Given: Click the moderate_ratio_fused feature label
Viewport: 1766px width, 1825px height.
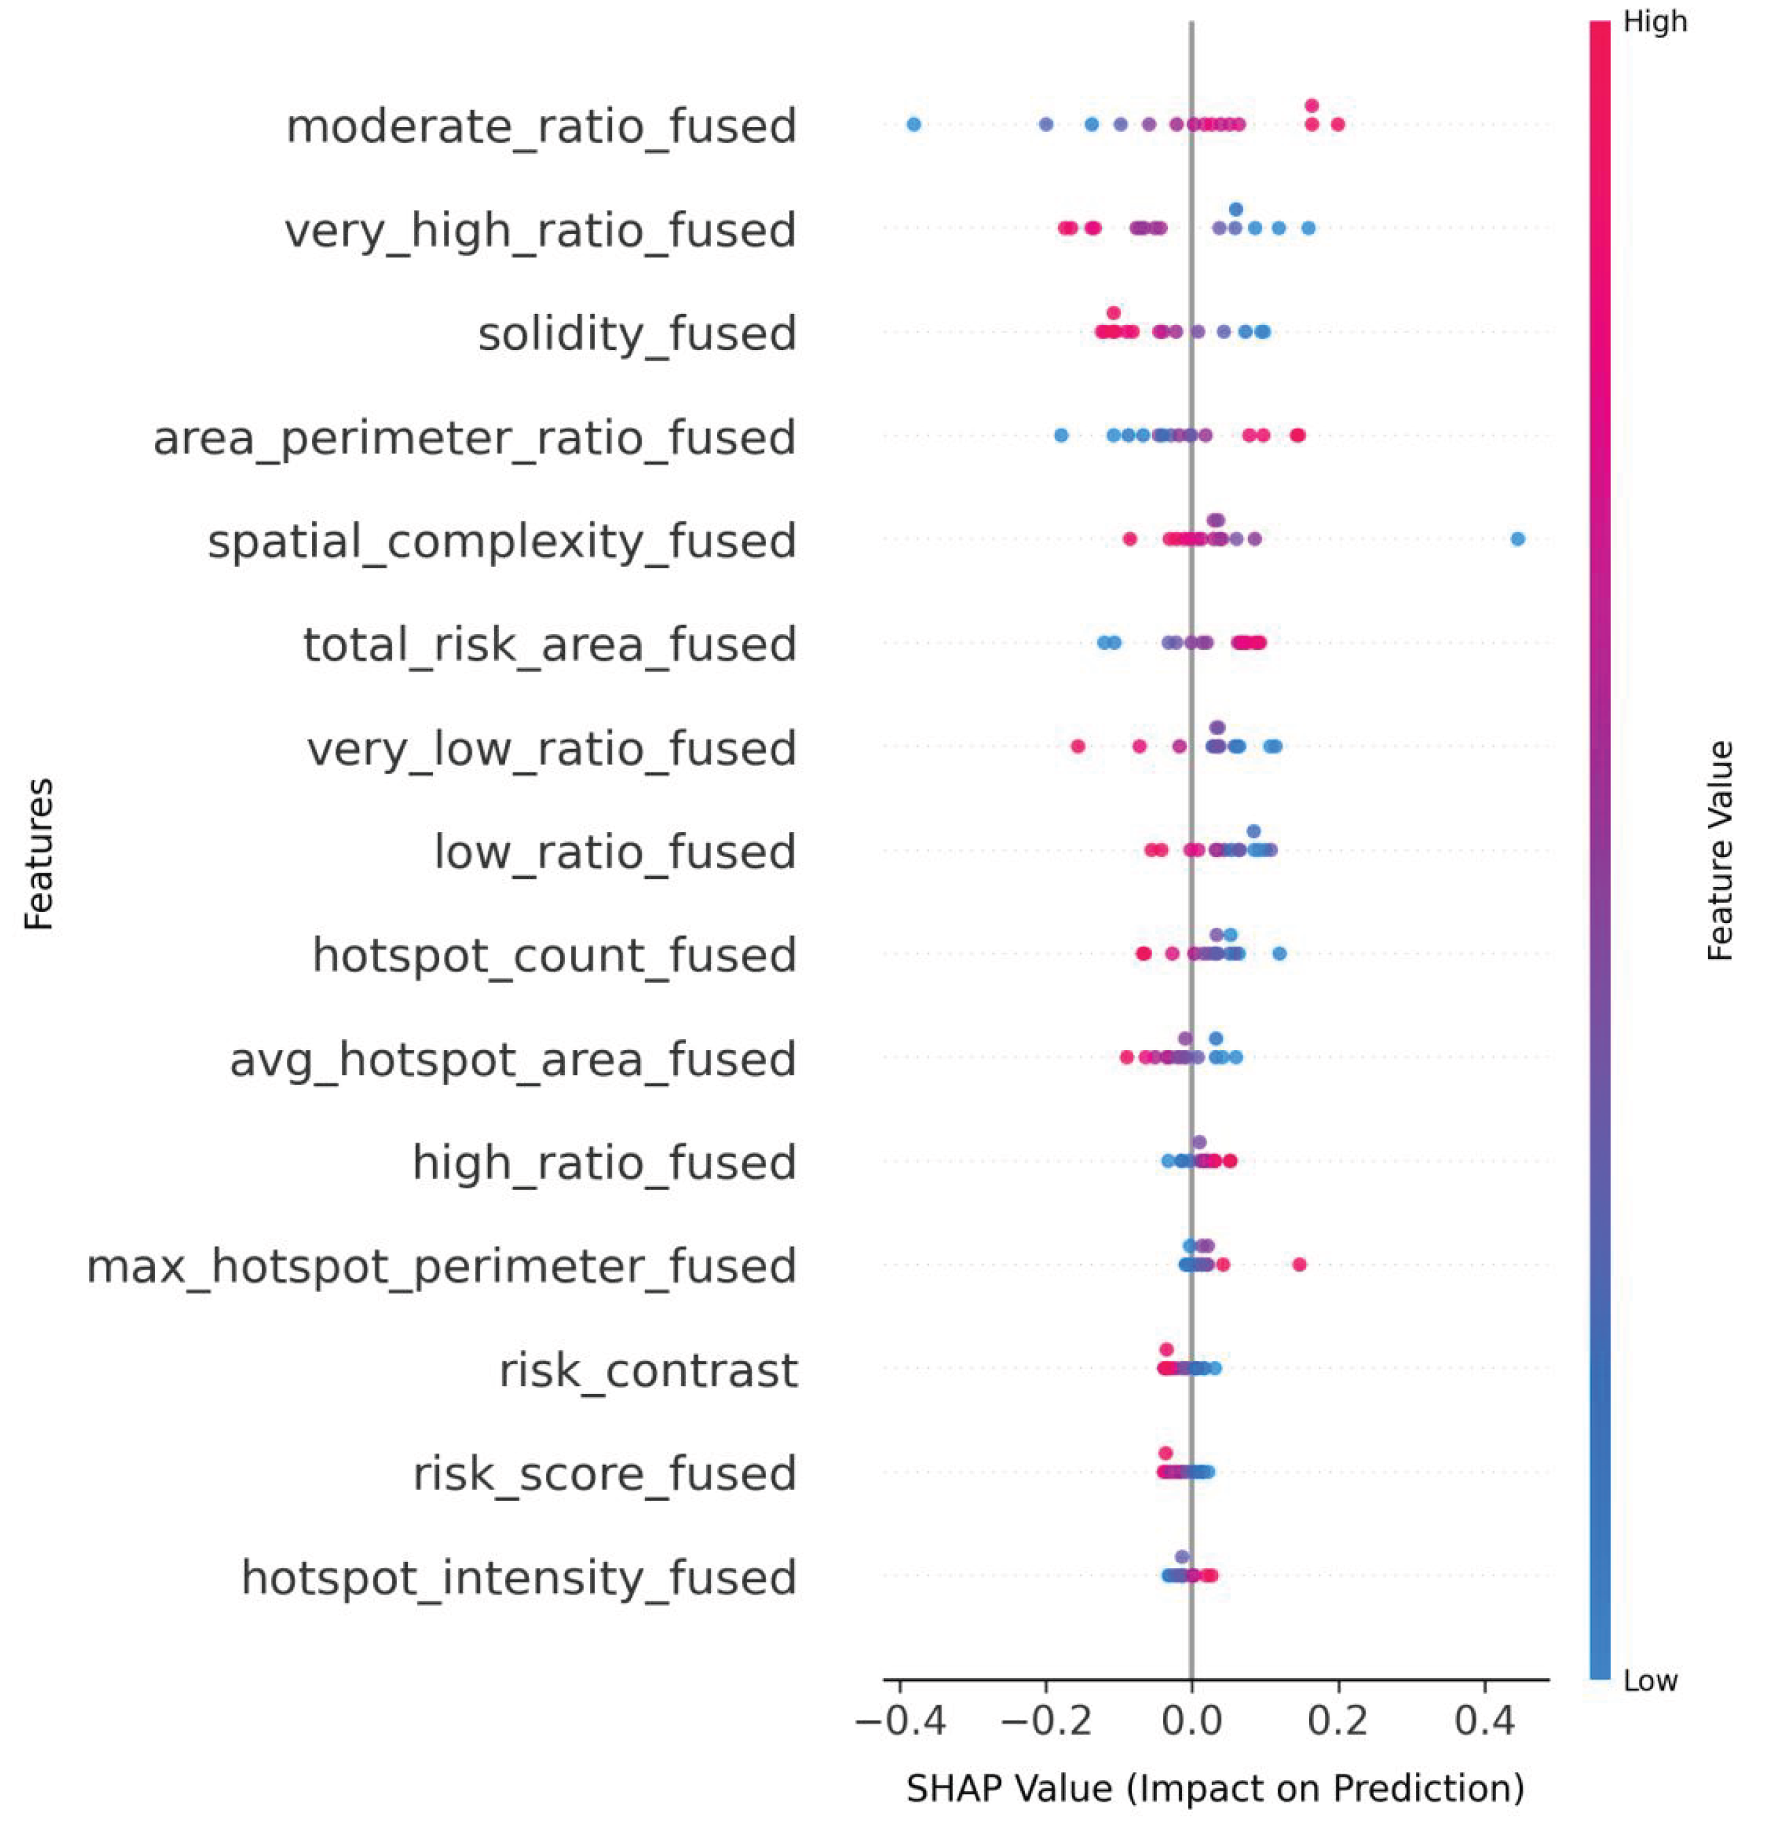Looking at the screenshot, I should pyautogui.click(x=541, y=126).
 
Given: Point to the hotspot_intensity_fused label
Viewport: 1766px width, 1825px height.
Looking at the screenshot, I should pyautogui.click(x=519, y=1578).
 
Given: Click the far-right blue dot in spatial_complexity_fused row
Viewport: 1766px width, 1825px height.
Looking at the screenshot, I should pyautogui.click(x=1517, y=539).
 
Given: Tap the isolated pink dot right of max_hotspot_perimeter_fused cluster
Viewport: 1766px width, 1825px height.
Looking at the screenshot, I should pyautogui.click(x=1300, y=1264).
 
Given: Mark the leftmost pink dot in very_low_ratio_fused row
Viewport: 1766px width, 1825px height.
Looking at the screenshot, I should pyautogui.click(x=1077, y=746).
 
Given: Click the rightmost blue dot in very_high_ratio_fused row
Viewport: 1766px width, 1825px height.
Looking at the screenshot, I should pyautogui.click(x=1309, y=228).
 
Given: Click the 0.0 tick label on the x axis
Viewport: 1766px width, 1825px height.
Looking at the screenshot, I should pyautogui.click(x=1192, y=1722).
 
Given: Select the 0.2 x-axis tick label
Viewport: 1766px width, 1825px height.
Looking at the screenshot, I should pyautogui.click(x=1338, y=1722).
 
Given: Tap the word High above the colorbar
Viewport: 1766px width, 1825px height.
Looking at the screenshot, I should pyautogui.click(x=1655, y=22).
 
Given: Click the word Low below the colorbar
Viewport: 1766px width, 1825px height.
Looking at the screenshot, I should pyautogui.click(x=1650, y=1682).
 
